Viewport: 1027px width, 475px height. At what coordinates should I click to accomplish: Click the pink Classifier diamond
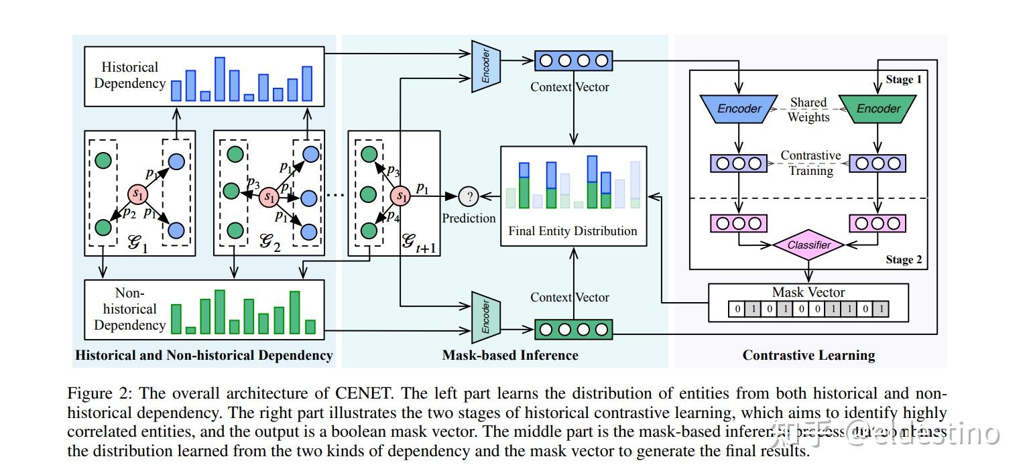(808, 245)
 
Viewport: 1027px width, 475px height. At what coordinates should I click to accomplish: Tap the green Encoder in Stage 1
(879, 109)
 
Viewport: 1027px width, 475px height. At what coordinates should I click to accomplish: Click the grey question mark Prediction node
(469, 196)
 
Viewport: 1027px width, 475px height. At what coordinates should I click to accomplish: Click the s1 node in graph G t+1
(400, 196)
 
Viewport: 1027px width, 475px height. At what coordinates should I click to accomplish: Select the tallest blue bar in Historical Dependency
(219, 79)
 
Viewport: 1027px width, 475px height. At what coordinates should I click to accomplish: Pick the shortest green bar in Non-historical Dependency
(190, 330)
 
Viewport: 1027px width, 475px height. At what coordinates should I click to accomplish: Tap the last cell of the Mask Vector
(881, 310)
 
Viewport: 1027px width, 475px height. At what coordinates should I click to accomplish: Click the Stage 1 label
(904, 80)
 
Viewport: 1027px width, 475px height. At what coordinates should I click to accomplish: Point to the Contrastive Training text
(810, 163)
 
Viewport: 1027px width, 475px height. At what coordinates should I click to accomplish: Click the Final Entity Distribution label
(572, 231)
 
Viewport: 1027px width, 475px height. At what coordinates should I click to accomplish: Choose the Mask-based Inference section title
(509, 355)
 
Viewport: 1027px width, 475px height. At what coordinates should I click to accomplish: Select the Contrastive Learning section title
(808, 355)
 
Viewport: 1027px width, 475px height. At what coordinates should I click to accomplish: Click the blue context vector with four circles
(573, 61)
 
